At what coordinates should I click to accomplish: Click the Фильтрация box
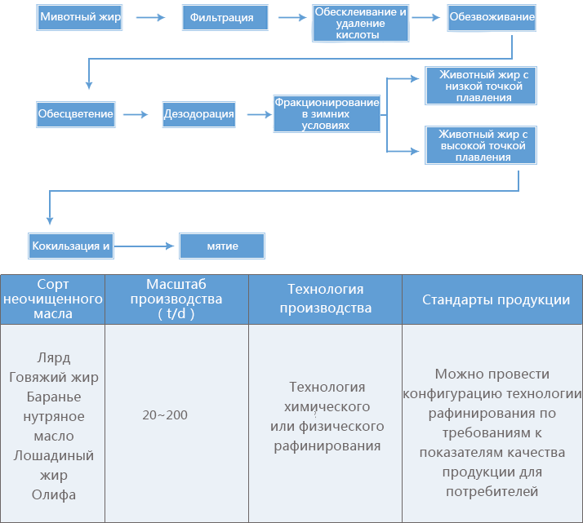pyautogui.click(x=225, y=17)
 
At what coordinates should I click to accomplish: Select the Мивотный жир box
pyautogui.click(x=79, y=17)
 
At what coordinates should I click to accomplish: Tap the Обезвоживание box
pyautogui.click(x=492, y=17)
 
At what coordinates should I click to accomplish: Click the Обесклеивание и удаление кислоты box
pyautogui.click(x=360, y=23)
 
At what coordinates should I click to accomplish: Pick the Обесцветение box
pyautogui.click(x=75, y=114)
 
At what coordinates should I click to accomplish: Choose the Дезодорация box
pyautogui.click(x=199, y=114)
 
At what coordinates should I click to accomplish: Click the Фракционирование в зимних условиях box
pyautogui.click(x=327, y=113)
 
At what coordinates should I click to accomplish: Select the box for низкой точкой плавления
pyautogui.click(x=481, y=86)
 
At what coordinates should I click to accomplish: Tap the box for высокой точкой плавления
pyautogui.click(x=481, y=145)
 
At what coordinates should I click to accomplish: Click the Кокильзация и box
pyautogui.click(x=71, y=246)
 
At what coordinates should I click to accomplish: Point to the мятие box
pyautogui.click(x=222, y=246)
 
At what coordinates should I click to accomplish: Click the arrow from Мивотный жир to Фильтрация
pyautogui.click(x=150, y=17)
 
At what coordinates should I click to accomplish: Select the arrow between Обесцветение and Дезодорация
pyautogui.click(x=136, y=114)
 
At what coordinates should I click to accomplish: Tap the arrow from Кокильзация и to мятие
pyautogui.click(x=145, y=246)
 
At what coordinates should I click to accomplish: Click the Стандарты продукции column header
pyautogui.click(x=492, y=299)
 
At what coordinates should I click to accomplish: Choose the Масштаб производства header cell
pyautogui.click(x=176, y=299)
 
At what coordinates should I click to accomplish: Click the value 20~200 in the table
pyautogui.click(x=165, y=415)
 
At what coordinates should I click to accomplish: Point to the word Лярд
pyautogui.click(x=54, y=357)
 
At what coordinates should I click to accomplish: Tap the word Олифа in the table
pyautogui.click(x=54, y=494)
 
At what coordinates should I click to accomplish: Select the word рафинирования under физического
pyautogui.click(x=327, y=445)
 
